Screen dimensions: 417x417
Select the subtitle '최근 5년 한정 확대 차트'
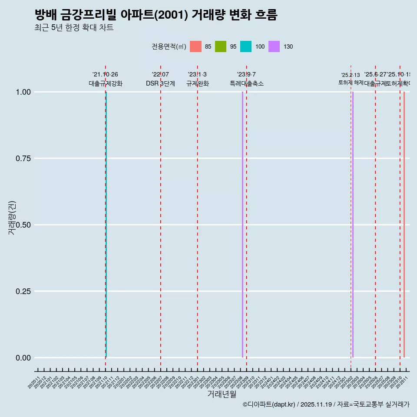(74, 28)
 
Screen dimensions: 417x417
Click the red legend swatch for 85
(196, 46)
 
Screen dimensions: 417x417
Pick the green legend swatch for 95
(221, 46)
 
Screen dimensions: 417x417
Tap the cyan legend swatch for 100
(246, 46)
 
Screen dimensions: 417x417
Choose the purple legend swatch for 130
(274, 46)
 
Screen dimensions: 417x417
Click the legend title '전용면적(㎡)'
(169, 46)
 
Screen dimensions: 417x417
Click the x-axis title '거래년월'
(222, 394)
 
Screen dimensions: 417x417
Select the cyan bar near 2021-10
(106, 225)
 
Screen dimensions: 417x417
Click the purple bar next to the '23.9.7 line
(242, 225)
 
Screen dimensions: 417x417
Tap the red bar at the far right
(404, 225)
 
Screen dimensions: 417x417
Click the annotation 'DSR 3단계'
(160, 83)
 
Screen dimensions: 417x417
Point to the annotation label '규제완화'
(198, 83)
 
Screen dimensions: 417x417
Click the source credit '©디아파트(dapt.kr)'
(269, 404)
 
